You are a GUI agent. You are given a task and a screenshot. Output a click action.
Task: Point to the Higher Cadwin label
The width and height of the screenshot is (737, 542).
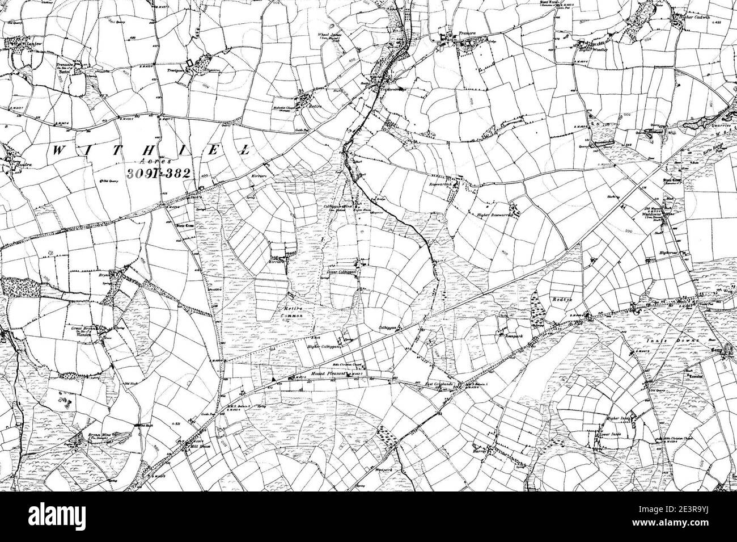pos(688,16)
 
